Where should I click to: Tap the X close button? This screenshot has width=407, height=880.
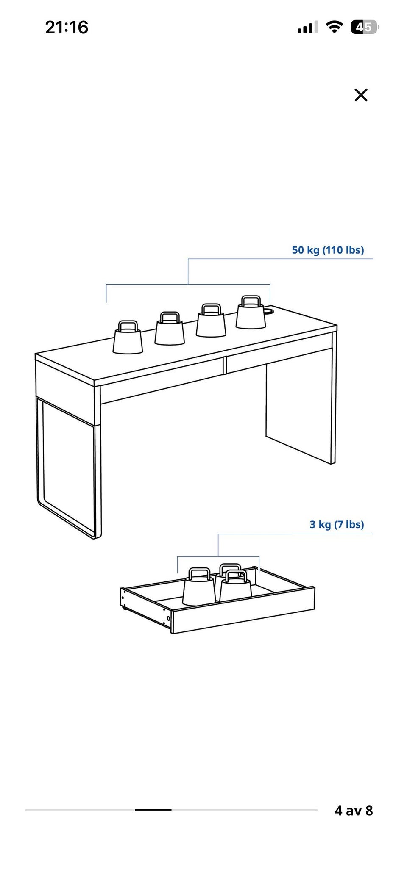point(361,95)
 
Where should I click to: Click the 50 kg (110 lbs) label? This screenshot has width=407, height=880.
point(328,250)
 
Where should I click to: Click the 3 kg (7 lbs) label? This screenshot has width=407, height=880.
point(337,524)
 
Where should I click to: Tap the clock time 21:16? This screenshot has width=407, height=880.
point(67,28)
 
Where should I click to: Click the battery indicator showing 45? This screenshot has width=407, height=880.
point(365,28)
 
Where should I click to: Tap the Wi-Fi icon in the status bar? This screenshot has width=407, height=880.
point(334,28)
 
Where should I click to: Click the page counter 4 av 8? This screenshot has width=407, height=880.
point(354,810)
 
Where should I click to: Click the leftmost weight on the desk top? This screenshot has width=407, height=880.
point(128,337)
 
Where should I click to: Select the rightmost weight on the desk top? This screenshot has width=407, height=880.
point(251,312)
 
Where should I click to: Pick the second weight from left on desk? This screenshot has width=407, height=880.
point(170,328)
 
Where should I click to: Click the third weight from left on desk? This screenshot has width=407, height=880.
point(210,320)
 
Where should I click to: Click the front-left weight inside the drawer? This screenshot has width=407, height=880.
point(199,587)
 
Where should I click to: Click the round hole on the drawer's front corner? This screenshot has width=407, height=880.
point(169,619)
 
